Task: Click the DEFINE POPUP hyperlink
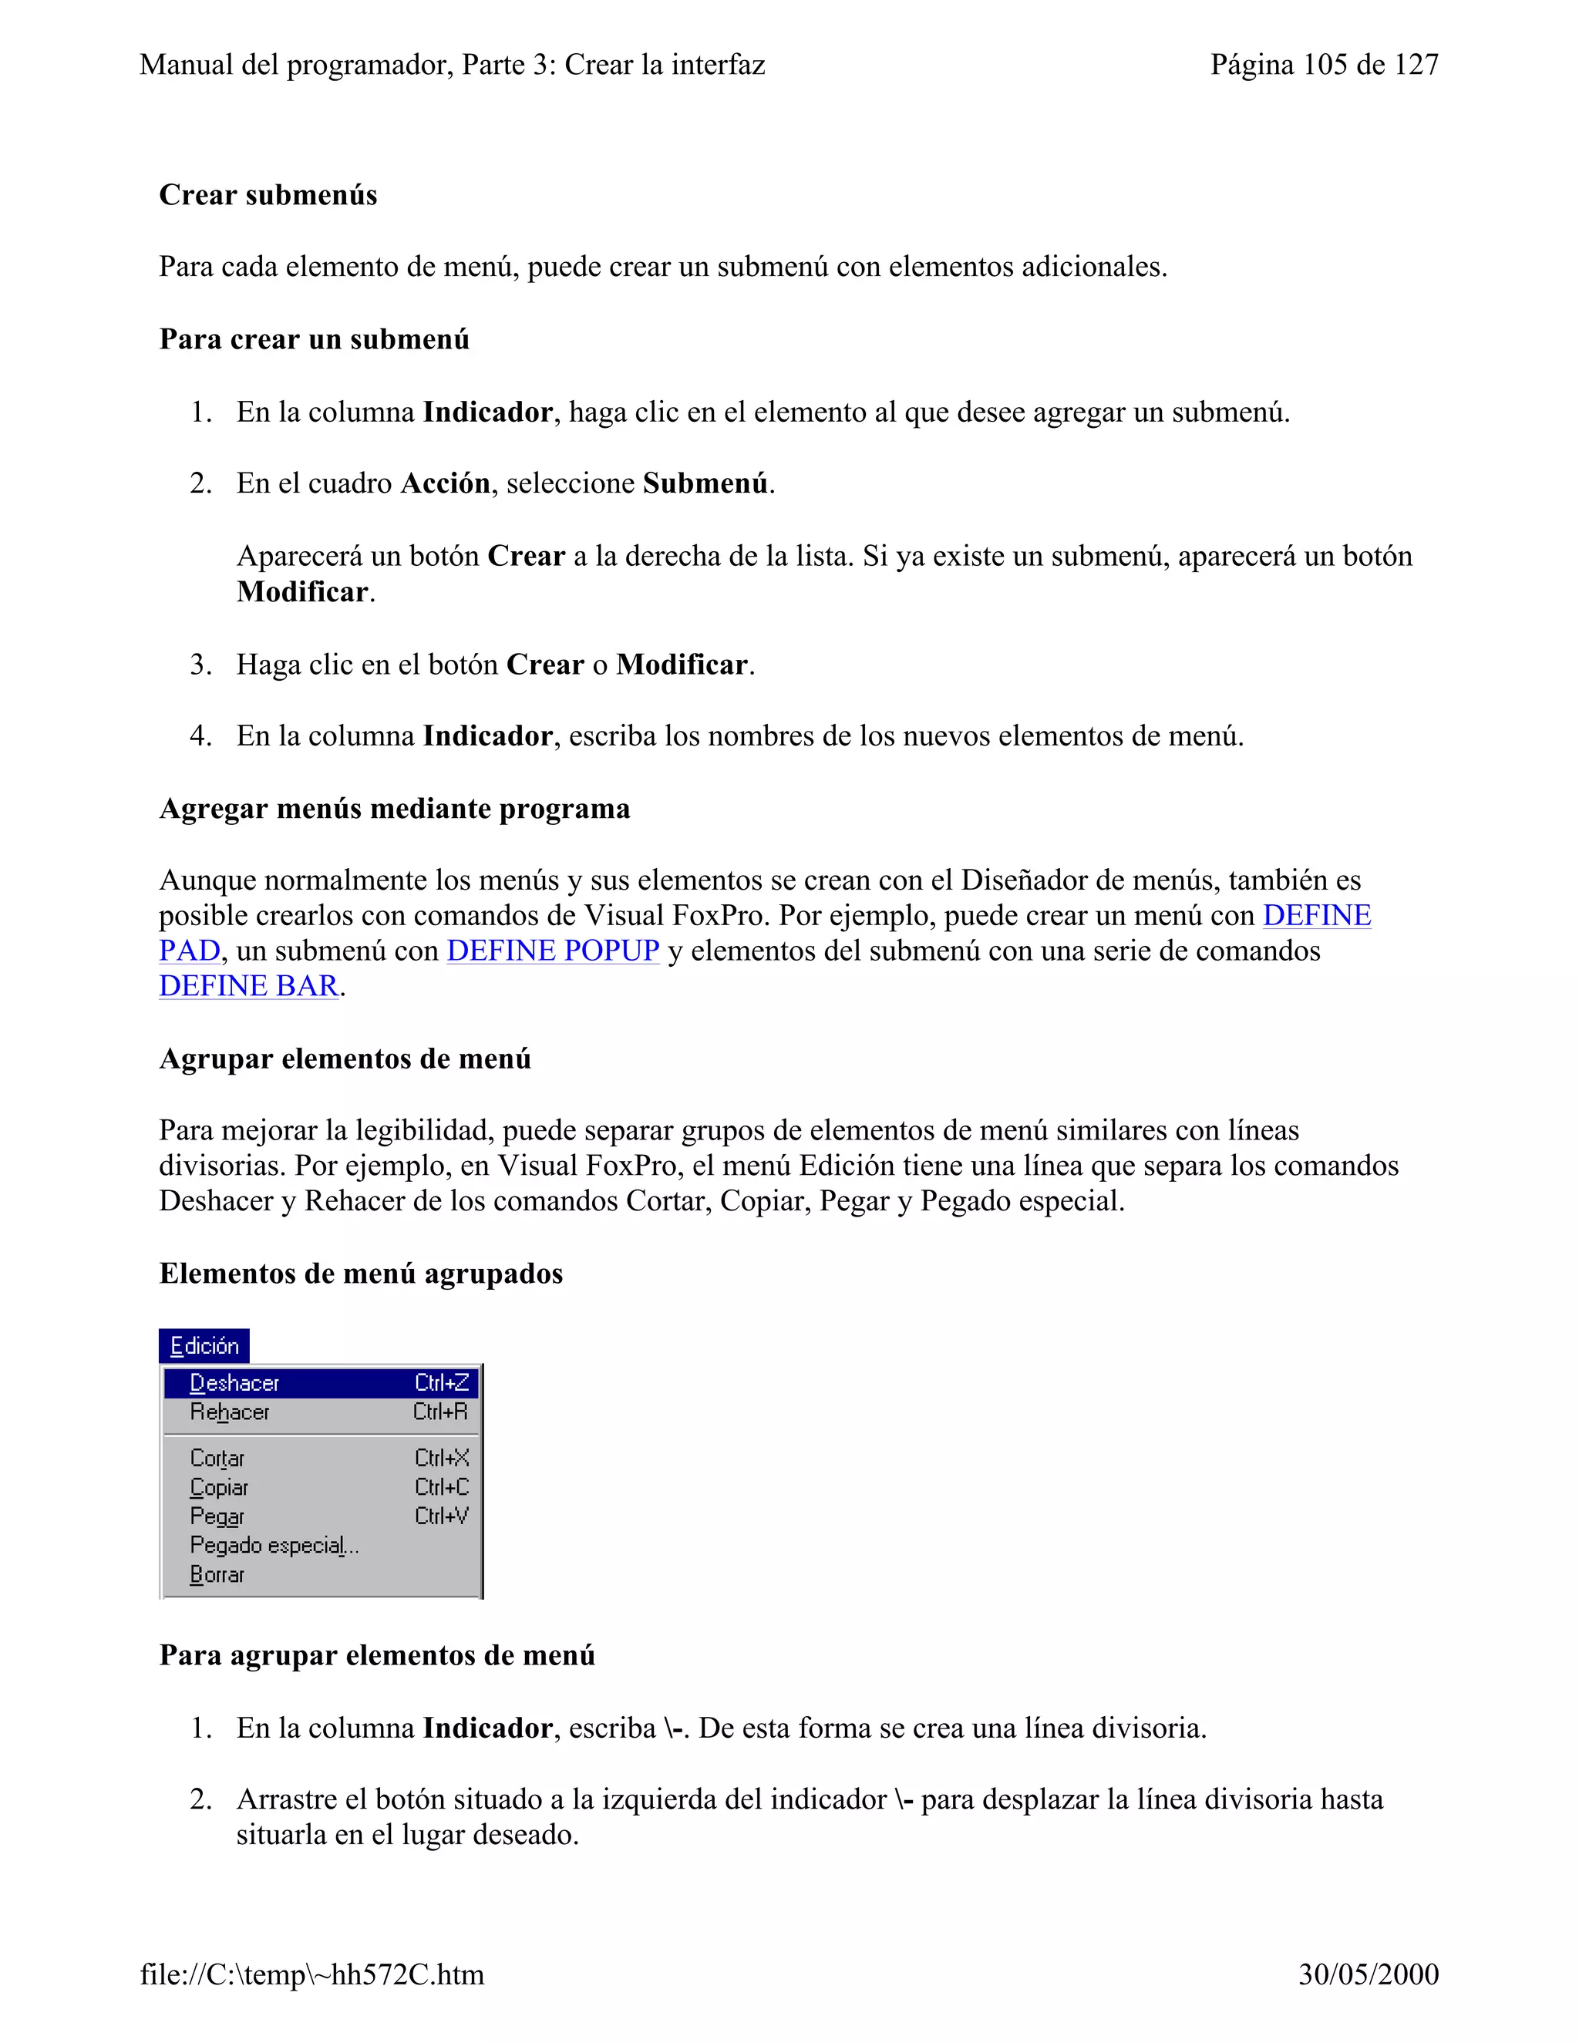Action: point(553,951)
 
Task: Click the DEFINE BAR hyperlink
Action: point(249,986)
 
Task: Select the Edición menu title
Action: point(204,1346)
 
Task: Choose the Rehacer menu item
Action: point(229,1412)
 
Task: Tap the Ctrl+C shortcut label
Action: point(442,1487)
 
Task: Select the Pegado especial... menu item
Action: point(273,1545)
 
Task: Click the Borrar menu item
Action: point(217,1575)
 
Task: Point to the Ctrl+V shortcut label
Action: point(442,1516)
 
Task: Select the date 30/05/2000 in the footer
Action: point(1368,1974)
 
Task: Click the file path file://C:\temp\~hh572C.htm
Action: point(312,1974)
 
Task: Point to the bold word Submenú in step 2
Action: point(705,483)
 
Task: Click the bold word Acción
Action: point(446,483)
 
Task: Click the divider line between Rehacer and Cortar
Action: point(321,1435)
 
